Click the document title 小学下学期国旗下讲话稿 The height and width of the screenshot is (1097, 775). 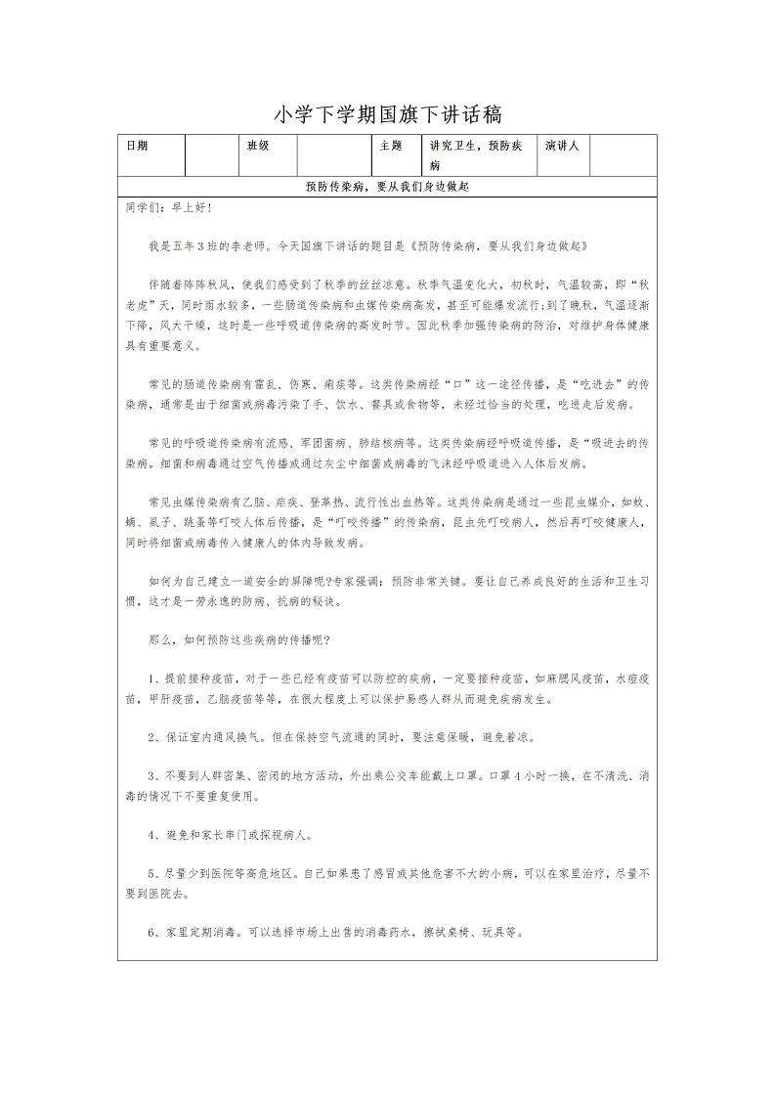tap(387, 114)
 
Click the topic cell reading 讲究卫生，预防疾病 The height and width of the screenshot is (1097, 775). tap(477, 155)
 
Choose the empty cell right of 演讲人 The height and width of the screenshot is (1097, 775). tap(623, 155)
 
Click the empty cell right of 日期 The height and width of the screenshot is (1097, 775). tap(211, 155)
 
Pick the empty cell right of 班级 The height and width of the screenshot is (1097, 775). tap(332, 155)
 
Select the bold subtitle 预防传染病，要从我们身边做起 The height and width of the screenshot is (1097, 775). tap(387, 186)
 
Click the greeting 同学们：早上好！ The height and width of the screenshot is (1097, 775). tap(168, 208)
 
